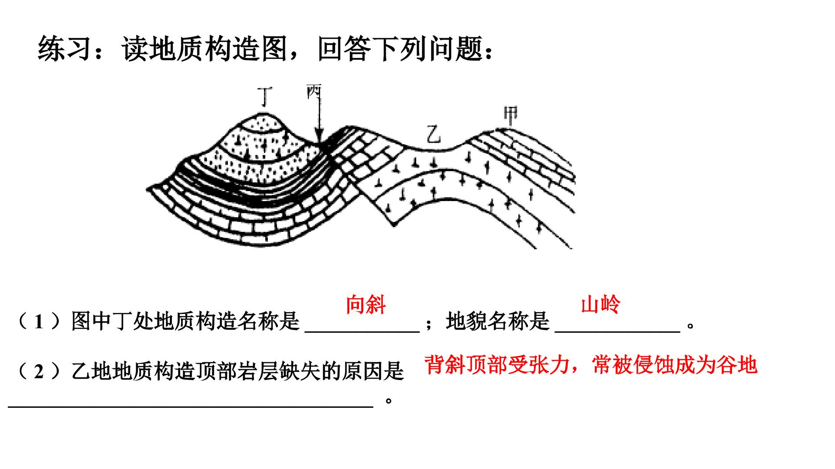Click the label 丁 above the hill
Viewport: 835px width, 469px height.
[265, 97]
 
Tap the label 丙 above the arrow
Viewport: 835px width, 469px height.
[314, 91]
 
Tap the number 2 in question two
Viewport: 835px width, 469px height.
[39, 372]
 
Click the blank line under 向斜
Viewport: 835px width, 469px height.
[362, 332]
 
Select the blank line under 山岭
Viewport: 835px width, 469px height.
[618, 332]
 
